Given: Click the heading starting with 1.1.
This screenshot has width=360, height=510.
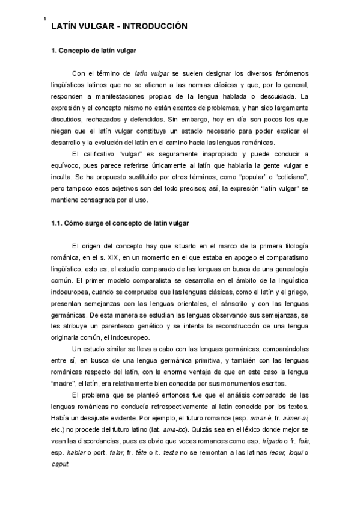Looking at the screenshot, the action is pos(120,223).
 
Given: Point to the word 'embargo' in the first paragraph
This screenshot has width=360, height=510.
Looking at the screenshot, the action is pos(225,119).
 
